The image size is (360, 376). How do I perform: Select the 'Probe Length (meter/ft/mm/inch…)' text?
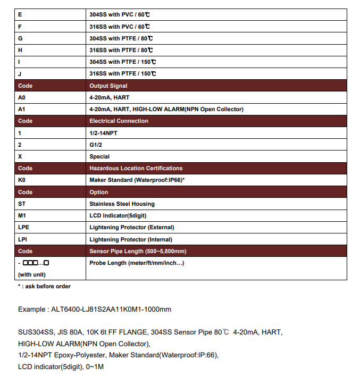137,263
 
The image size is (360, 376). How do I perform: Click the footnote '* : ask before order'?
44,286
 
